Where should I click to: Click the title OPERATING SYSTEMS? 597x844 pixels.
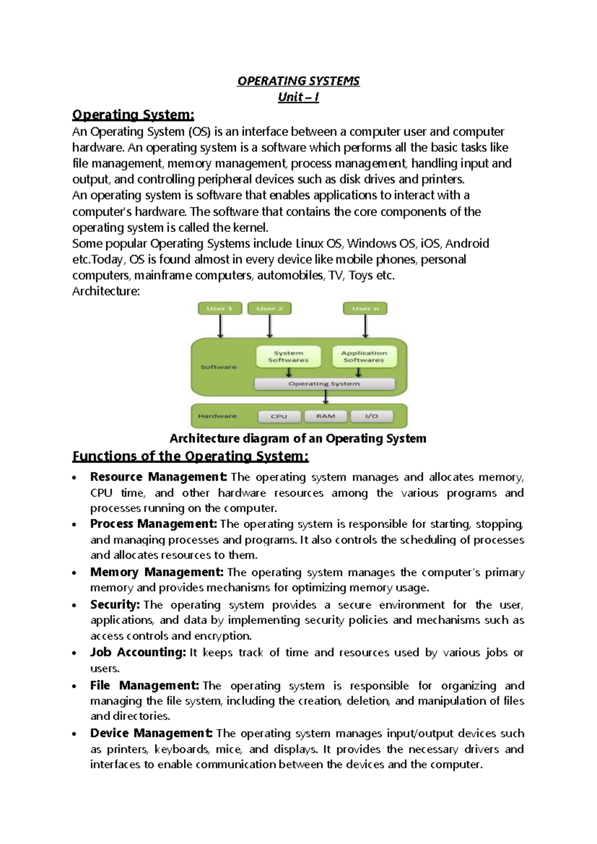[298, 81]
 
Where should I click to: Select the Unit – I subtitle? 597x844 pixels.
[298, 97]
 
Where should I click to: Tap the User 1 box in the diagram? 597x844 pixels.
[220, 309]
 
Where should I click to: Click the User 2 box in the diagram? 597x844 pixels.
[269, 309]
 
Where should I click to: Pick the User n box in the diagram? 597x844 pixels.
[365, 309]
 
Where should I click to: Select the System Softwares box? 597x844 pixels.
[288, 356]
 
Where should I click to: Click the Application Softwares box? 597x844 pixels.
[364, 356]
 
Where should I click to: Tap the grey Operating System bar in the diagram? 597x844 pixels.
[324, 384]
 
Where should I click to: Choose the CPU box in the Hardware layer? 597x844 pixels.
[279, 416]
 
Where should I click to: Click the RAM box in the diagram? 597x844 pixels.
[326, 416]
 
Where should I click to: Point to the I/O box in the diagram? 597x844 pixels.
[372, 416]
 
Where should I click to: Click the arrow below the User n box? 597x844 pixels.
[366, 326]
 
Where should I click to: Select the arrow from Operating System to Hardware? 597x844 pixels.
[326, 397]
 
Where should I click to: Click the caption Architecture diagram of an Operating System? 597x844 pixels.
[298, 438]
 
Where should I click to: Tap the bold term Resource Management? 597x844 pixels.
[158, 477]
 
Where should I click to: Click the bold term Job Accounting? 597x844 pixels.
[138, 652]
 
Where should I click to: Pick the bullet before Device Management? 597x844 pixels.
[74, 734]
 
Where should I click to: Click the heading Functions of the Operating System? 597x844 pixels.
[191, 456]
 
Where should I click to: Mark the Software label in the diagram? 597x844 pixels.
[218, 367]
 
